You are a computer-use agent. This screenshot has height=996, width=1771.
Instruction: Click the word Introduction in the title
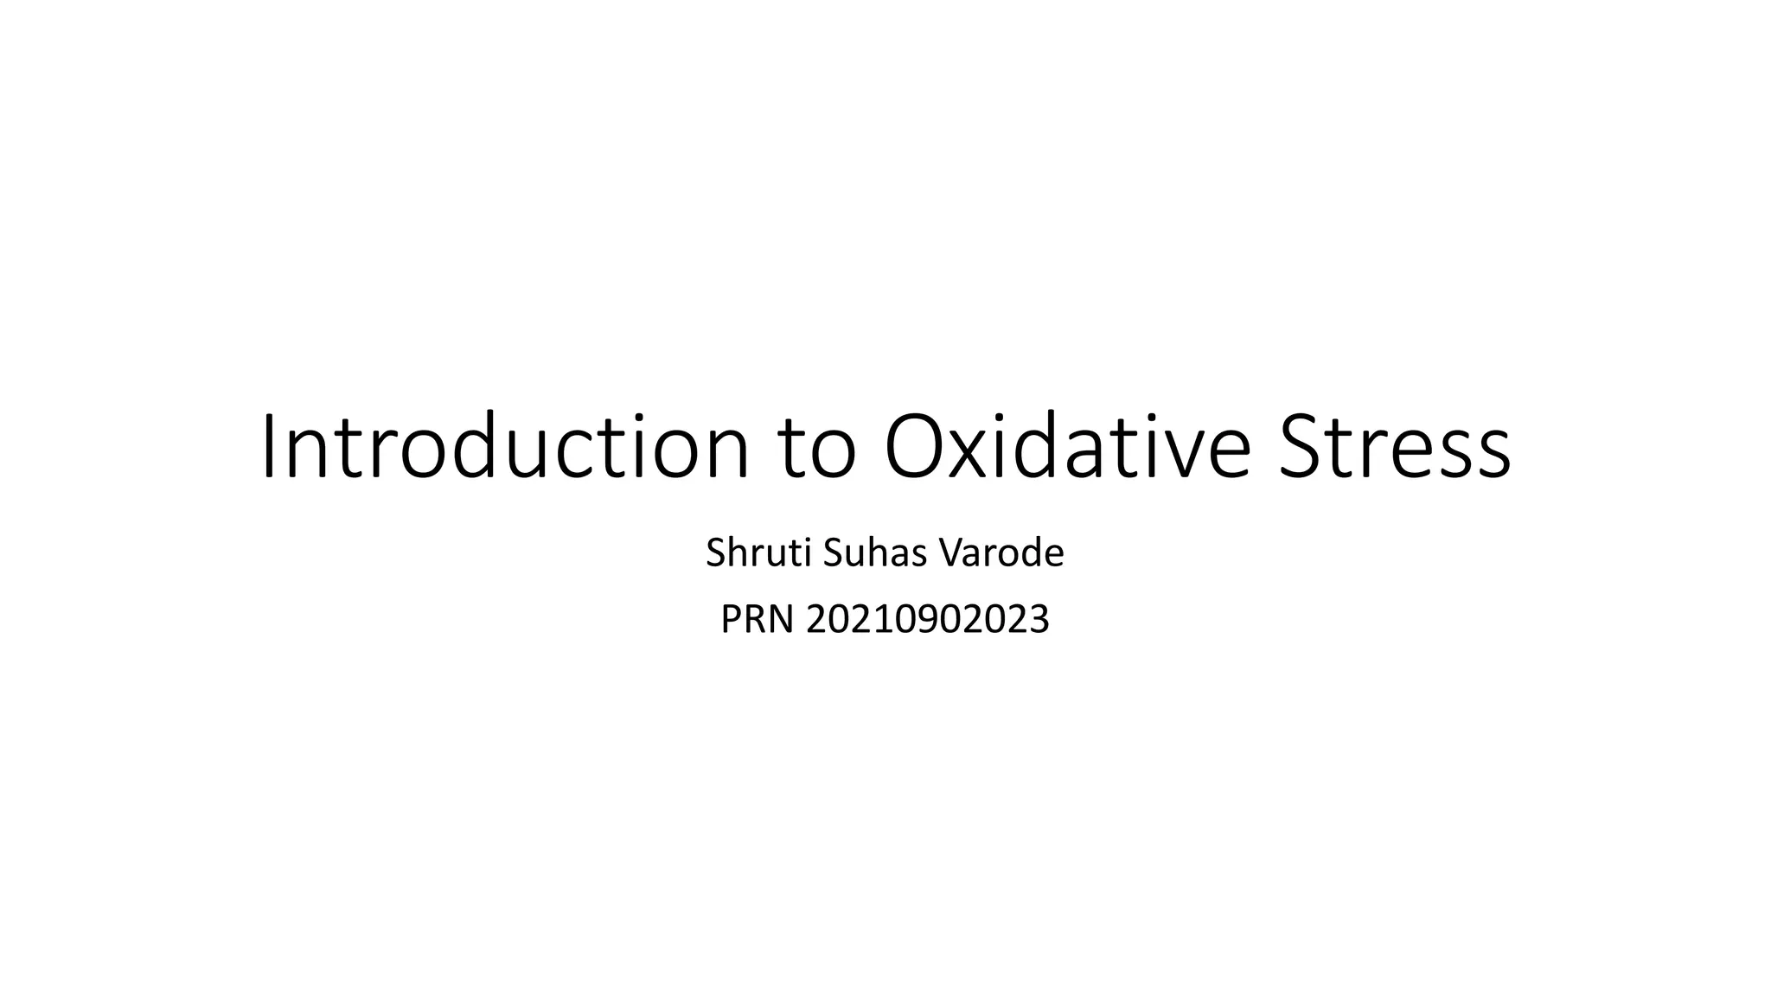coord(505,448)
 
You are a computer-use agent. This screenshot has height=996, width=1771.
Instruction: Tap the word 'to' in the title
coord(818,451)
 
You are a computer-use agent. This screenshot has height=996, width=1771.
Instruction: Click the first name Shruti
coord(758,553)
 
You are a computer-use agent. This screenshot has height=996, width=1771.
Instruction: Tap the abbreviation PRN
coord(757,619)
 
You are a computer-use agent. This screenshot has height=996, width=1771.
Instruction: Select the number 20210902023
coord(927,619)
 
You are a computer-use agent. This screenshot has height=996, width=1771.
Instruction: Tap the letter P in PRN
coord(731,619)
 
